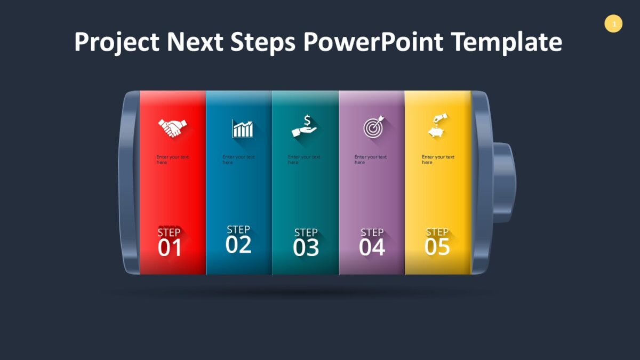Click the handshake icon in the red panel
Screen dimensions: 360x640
(x=172, y=128)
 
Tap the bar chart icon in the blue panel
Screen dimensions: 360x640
(x=243, y=129)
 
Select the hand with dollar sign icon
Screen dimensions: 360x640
(x=304, y=127)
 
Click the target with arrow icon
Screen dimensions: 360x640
(x=373, y=128)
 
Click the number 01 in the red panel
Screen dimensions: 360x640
(x=170, y=249)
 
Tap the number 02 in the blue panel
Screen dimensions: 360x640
(x=238, y=245)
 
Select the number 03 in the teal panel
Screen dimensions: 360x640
(x=306, y=248)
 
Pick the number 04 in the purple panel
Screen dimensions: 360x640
(x=372, y=248)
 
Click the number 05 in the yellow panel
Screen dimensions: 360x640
(x=437, y=247)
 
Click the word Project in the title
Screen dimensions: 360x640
(x=116, y=42)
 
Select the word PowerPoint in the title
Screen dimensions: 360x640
(x=373, y=42)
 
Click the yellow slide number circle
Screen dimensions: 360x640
(x=613, y=24)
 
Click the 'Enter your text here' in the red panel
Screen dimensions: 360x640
(x=172, y=159)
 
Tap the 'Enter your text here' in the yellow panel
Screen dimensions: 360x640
(x=437, y=159)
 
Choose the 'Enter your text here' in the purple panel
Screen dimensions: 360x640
(x=371, y=159)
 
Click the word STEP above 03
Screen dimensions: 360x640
(x=306, y=233)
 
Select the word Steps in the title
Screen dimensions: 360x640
(x=263, y=42)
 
